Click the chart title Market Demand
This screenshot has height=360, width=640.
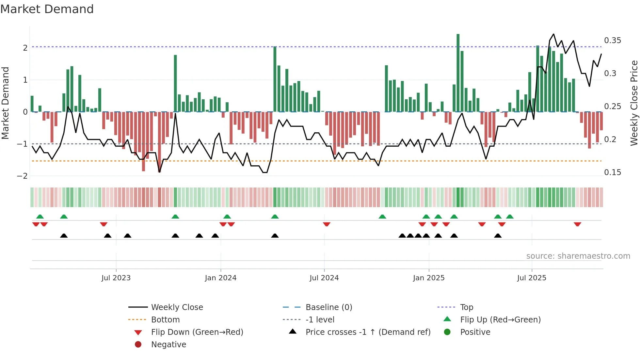coord(47,9)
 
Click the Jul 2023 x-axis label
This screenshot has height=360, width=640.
coord(116,278)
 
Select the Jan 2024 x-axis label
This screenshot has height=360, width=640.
coord(220,278)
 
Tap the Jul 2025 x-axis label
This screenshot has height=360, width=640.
coord(532,278)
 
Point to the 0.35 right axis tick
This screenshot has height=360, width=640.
coord(612,41)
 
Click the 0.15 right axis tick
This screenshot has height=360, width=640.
coord(612,172)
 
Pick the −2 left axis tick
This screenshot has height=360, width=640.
coord(23,176)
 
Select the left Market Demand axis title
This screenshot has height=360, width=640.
coord(5,103)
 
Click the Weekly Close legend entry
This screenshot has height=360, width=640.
coord(177,307)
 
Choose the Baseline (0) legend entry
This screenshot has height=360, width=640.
coord(328,307)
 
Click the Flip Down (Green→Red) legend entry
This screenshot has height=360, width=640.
coord(197,332)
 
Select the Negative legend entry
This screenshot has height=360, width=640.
coord(168,345)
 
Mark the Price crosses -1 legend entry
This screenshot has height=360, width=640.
coord(368,332)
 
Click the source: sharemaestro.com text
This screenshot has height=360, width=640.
coord(578,256)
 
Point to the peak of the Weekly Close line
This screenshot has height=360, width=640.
coord(553,34)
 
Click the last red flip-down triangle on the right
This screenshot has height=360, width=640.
coord(577,224)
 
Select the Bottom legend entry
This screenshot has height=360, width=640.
coord(165,320)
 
